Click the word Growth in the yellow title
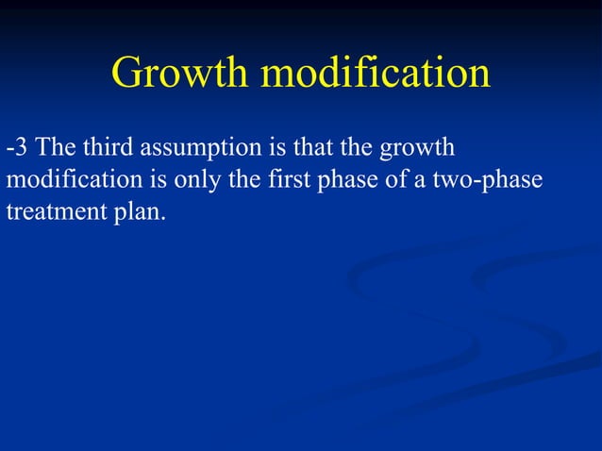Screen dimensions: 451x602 tap(180, 74)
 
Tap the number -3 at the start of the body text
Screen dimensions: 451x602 tap(17, 148)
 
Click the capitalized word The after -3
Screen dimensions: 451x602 tap(55, 148)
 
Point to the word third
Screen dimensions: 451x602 tap(107, 148)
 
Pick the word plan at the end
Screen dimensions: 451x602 tap(138, 214)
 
